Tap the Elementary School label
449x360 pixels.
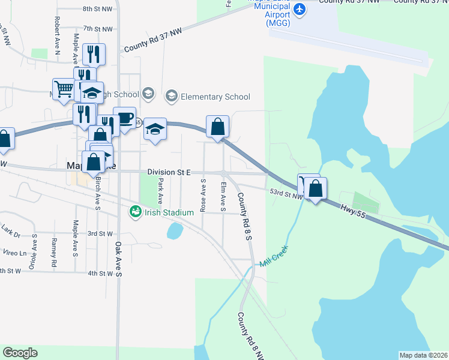(215, 97)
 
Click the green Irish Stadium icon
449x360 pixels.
(136, 211)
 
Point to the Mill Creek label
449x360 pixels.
(274, 256)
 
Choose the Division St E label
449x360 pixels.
(169, 173)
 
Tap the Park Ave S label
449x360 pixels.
(160, 190)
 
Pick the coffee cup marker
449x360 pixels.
(125, 118)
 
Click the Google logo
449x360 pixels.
(20, 353)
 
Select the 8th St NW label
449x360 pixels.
(97, 10)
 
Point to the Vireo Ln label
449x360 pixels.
(14, 253)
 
